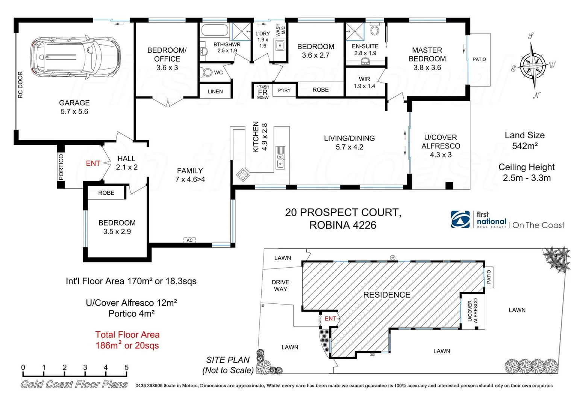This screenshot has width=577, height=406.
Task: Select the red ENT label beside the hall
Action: pos(93,164)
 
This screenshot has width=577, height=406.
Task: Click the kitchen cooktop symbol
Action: pos(242,175)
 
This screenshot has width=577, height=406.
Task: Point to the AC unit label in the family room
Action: pos(190,240)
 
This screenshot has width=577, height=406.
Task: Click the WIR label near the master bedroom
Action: pos(364,79)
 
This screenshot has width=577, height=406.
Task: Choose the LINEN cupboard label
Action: pos(215,91)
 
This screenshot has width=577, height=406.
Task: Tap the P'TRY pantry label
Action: pos(284,90)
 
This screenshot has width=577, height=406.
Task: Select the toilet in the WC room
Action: pos(207,72)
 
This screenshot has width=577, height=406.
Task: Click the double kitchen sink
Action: pos(280,158)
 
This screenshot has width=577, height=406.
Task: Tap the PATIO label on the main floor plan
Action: pos(479,59)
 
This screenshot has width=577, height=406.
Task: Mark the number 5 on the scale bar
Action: pos(126,368)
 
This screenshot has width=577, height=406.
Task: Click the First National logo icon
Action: pos(460,220)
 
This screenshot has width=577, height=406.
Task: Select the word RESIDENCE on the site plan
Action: pos(386,295)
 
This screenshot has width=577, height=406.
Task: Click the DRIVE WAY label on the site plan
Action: pos(280,286)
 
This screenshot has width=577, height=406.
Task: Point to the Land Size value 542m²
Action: pos(525,146)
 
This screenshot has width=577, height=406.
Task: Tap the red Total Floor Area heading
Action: pos(127,335)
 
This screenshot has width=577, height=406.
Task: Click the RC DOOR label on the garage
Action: pos(20,85)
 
